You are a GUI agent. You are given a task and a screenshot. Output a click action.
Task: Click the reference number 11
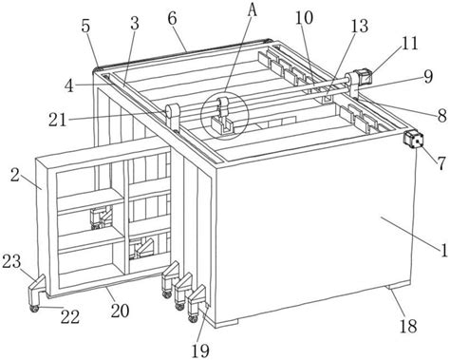(x=409, y=43)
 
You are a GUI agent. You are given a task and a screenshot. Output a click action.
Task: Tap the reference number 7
(x=441, y=164)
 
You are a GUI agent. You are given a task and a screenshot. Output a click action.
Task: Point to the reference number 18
(x=408, y=326)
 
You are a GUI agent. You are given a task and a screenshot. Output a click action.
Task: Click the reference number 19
(x=200, y=351)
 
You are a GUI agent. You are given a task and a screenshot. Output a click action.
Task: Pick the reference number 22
(x=70, y=316)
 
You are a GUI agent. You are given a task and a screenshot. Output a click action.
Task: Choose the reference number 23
(x=11, y=261)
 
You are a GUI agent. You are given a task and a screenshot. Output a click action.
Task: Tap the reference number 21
(x=58, y=120)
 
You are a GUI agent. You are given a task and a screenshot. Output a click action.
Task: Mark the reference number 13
(x=359, y=26)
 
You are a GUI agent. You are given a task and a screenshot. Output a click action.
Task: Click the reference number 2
(x=14, y=175)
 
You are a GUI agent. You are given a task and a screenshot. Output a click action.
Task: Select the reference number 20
(x=120, y=311)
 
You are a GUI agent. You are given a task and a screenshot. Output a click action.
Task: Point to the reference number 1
(x=444, y=250)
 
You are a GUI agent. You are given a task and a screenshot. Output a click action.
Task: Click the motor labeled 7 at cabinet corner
(x=413, y=140)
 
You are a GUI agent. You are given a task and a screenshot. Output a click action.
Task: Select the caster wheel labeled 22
(x=34, y=309)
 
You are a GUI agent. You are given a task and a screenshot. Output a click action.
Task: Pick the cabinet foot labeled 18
(x=399, y=285)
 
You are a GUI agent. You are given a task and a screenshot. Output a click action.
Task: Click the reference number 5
(x=85, y=27)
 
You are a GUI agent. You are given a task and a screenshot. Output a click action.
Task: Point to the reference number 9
(x=428, y=77)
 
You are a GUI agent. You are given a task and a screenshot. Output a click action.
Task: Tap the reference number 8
(x=442, y=116)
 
